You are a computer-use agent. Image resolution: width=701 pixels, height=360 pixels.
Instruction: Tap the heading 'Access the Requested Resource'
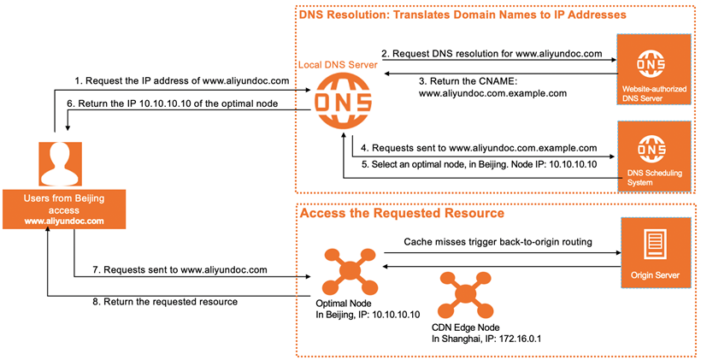[x=401, y=213]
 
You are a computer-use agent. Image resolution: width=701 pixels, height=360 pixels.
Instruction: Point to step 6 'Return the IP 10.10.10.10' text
[x=184, y=103]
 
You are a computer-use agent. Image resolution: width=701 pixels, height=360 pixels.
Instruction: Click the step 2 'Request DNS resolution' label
[x=492, y=53]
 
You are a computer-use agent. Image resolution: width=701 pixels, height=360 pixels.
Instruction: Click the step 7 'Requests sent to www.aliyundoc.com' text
[x=180, y=269]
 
